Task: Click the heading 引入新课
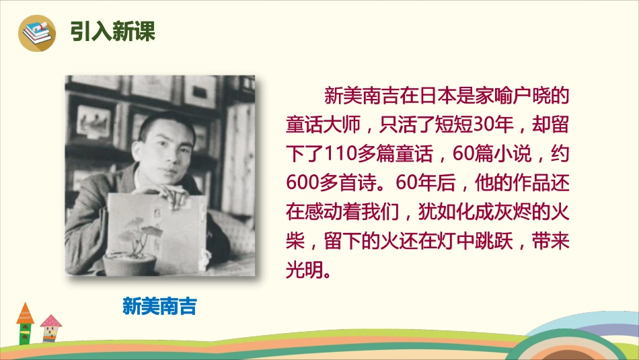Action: click(x=112, y=32)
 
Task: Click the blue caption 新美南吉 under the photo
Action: click(x=160, y=307)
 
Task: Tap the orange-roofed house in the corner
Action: click(x=25, y=323)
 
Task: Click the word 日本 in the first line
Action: click(x=424, y=96)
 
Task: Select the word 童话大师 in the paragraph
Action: click(x=319, y=125)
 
